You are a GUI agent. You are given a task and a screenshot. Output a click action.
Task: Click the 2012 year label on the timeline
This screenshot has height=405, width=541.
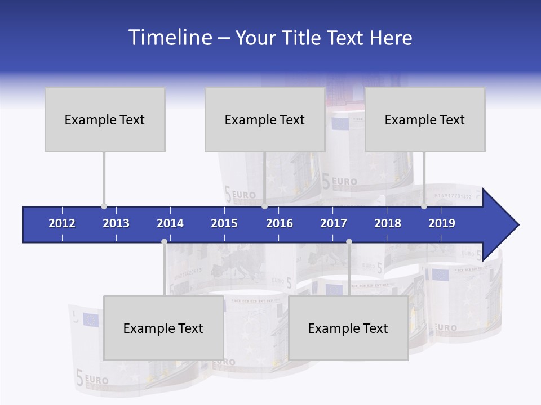[62, 223]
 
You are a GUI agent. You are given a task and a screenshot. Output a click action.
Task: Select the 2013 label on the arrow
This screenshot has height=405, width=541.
[116, 223]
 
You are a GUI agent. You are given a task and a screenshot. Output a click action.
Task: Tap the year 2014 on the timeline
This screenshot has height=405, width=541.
[170, 223]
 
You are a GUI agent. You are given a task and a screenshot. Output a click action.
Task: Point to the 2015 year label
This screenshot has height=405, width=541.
[224, 223]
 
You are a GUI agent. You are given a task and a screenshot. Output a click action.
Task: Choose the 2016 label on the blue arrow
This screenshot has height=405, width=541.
[280, 223]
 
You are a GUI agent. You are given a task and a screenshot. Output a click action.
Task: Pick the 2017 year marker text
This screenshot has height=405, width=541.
[334, 223]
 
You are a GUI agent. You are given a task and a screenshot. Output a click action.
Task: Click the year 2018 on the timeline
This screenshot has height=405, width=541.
[388, 223]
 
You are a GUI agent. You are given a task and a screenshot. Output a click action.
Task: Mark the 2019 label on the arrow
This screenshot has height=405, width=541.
[442, 223]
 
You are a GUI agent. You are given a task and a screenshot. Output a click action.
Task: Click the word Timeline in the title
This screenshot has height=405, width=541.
[169, 38]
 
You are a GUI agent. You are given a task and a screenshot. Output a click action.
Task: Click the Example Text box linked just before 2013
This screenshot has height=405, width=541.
[105, 119]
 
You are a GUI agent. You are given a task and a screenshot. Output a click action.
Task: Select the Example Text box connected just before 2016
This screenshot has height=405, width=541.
[265, 119]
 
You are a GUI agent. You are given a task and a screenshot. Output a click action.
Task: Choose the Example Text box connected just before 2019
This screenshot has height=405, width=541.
[425, 119]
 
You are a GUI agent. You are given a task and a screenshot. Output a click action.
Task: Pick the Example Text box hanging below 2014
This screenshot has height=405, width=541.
[163, 328]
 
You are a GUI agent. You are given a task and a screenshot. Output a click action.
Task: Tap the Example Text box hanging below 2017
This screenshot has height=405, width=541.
[348, 328]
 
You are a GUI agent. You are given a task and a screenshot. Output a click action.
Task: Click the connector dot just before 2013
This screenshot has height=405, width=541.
[104, 206]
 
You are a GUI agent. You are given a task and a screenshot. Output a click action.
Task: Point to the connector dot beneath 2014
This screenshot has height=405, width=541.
[164, 241]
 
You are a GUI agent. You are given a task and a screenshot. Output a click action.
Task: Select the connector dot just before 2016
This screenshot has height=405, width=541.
[264, 206]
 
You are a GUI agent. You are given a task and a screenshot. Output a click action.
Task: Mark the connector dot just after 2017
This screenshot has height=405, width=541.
[349, 241]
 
